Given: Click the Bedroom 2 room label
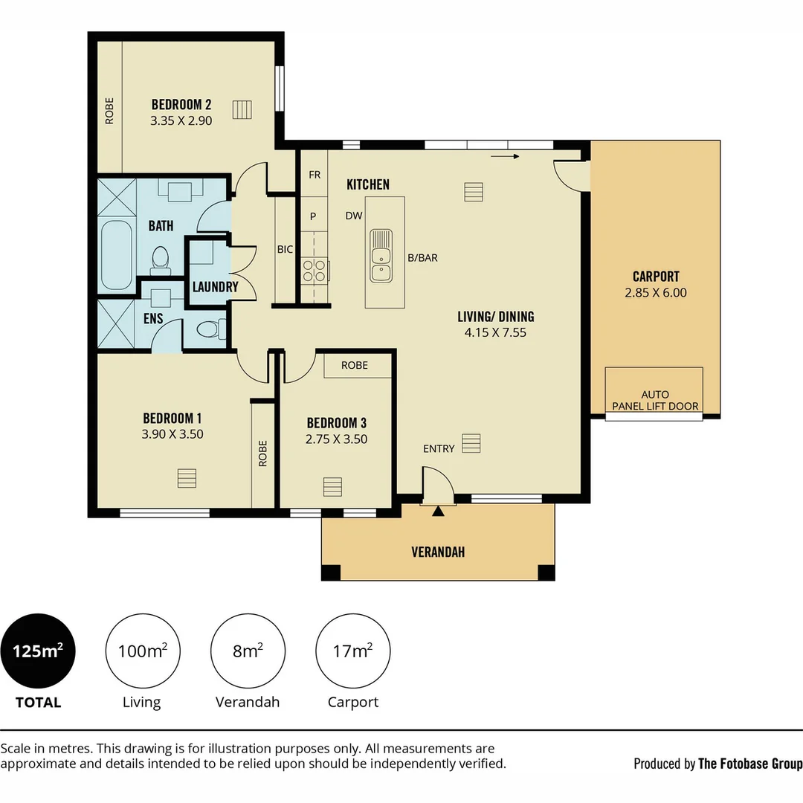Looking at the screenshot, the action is pos(181,105).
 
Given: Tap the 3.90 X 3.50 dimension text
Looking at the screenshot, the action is pos(172,434).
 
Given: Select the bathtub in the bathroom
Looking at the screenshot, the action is pos(116,255).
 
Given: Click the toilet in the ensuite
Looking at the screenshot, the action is pos(211,329).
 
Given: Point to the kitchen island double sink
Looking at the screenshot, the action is pos(381,256).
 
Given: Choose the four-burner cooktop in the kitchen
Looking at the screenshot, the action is pos(315,271).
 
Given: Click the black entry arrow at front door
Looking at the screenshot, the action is pos(438,511).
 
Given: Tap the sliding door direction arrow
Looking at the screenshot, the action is pos(505,156).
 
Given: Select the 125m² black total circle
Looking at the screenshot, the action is pos(38,651).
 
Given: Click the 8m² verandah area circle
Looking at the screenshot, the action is pos(248,651).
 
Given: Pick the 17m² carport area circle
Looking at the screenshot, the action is pos(353,651).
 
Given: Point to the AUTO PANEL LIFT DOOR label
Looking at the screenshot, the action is pos(655,401).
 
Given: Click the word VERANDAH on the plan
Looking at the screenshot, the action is pos(438,552).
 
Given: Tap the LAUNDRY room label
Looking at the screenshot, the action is pos(215,287).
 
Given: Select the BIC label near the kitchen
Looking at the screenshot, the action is pos(286,249).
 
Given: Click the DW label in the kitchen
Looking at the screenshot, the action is pos(354,216).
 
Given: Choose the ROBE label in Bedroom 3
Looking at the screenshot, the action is pos(355,365).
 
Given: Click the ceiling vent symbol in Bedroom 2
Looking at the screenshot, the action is pos(242,109).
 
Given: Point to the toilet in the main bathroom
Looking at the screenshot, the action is pos(161,261).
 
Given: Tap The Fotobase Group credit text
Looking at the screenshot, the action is pos(750,764).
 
